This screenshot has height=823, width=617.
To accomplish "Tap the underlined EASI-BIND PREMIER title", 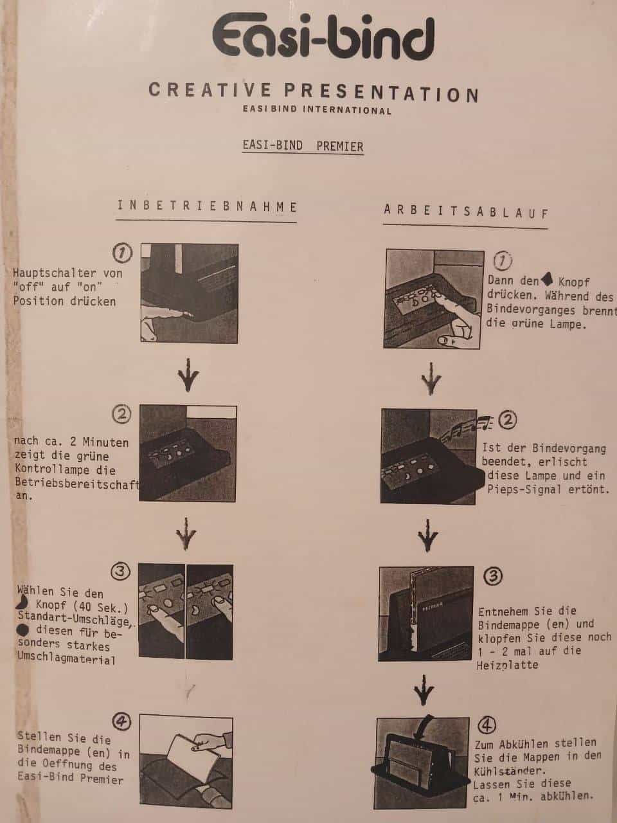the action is pyautogui.click(x=303, y=145).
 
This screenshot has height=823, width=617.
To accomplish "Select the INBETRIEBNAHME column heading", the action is pyautogui.click(x=207, y=206).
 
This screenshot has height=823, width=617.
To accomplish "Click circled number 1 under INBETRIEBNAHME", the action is pyautogui.click(x=123, y=253).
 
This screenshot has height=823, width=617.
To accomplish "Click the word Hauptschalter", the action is pyautogui.click(x=55, y=273).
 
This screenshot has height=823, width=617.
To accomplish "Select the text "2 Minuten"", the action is pyautogui.click(x=99, y=442).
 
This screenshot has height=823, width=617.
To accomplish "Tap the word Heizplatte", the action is pyautogui.click(x=507, y=665).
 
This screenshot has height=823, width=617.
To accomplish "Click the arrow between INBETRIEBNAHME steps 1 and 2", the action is pyautogui.click(x=187, y=375).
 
